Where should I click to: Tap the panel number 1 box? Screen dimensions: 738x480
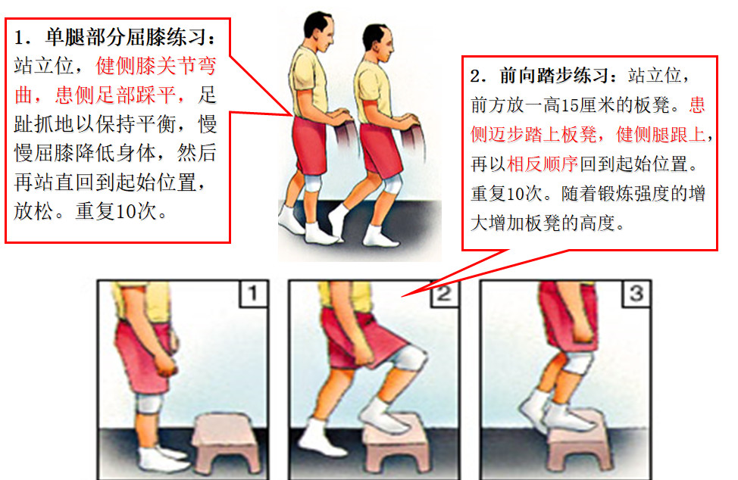point(254,293)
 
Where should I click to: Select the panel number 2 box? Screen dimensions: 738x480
point(445,293)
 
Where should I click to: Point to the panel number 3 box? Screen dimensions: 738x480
point(636,293)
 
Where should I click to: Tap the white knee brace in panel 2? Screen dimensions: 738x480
point(408,358)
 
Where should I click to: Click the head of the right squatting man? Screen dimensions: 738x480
point(378,43)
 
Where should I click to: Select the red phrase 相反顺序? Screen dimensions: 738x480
point(543,164)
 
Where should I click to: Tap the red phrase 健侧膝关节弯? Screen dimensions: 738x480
point(156,67)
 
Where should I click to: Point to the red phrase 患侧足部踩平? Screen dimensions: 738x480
point(116,95)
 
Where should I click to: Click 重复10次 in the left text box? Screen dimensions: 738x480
point(116,211)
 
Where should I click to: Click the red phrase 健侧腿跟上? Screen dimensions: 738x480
point(661,135)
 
